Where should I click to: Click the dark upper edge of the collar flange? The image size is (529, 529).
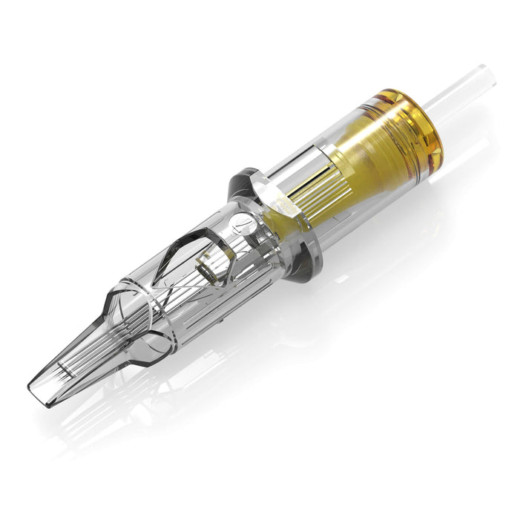(245, 178)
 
